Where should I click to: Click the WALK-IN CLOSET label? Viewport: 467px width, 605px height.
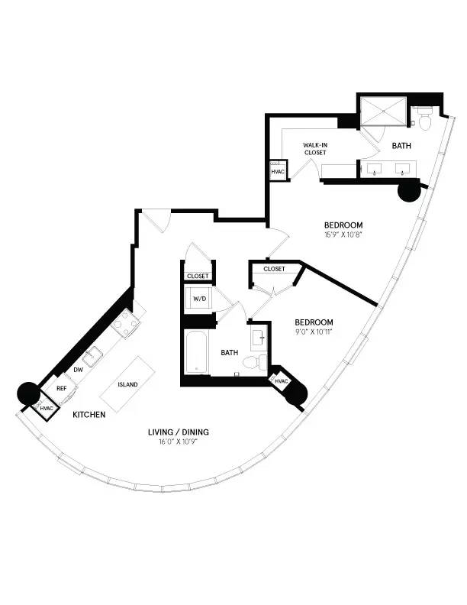(315, 148)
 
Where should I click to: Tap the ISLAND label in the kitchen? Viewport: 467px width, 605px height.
(127, 384)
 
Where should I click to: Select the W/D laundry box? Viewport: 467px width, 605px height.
(198, 298)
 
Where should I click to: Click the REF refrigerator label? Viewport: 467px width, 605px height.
(62, 389)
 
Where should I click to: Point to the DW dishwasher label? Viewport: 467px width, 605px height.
(78, 370)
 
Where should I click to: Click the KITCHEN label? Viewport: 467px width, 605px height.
(89, 415)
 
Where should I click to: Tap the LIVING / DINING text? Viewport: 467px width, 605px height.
(179, 432)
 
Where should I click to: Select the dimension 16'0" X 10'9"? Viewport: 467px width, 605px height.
(179, 442)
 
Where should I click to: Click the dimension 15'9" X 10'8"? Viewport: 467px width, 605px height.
(343, 235)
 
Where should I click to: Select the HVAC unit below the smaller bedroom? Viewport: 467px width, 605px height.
(281, 380)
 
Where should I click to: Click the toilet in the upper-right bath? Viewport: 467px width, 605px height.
(424, 118)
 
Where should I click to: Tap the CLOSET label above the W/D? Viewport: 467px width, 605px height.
(198, 276)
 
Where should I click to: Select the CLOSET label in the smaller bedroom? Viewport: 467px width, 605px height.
(274, 269)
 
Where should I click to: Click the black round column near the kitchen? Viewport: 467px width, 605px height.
(27, 393)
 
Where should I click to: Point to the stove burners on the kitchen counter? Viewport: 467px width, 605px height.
(128, 323)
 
